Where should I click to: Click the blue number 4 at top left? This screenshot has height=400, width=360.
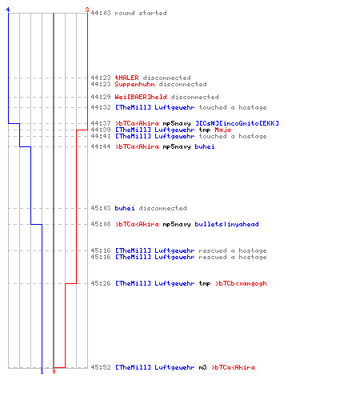(8, 10)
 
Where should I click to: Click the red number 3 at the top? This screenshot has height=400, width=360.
(86, 10)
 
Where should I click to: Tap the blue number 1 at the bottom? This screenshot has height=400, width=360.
(42, 371)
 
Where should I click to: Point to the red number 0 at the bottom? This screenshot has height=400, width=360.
(54, 371)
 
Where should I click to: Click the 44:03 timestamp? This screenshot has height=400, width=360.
(101, 13)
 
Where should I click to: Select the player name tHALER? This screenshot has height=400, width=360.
(126, 78)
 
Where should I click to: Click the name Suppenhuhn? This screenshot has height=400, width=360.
(134, 85)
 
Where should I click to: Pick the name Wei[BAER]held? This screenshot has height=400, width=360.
(141, 97)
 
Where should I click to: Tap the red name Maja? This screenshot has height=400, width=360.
(222, 130)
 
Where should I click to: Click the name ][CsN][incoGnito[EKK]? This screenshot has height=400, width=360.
(237, 123)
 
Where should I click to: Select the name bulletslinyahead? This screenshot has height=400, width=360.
(226, 224)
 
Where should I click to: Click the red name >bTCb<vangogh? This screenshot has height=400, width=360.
(241, 283)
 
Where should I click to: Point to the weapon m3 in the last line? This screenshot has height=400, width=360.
(202, 367)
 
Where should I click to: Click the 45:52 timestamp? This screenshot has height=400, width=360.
(101, 367)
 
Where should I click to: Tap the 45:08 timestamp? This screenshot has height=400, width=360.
(101, 224)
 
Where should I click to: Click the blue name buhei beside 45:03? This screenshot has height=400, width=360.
(125, 208)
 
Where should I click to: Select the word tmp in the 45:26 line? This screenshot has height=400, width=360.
(205, 284)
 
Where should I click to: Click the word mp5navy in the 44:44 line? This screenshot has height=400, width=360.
(177, 147)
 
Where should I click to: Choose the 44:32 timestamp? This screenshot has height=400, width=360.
(101, 107)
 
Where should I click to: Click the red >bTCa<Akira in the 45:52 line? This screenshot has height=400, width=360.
(233, 367)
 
